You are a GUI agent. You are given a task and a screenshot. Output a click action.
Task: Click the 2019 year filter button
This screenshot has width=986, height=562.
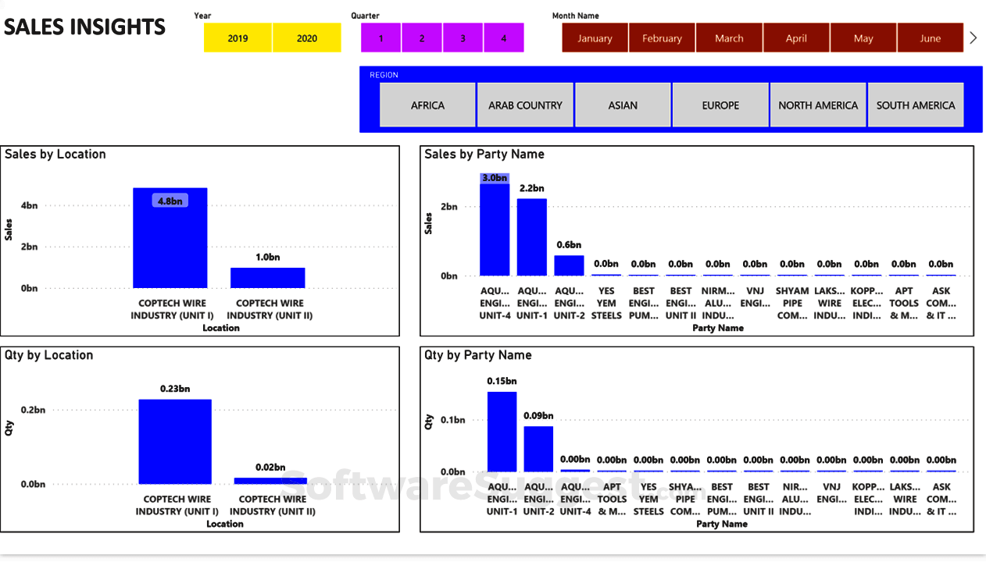[238, 38]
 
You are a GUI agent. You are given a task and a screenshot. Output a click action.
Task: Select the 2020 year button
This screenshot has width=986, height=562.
[307, 38]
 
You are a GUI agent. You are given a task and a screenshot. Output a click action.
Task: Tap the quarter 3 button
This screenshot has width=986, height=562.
[463, 38]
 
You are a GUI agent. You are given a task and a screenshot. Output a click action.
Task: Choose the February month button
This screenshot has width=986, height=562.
[662, 38]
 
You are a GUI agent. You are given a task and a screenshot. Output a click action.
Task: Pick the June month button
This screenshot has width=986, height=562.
[930, 38]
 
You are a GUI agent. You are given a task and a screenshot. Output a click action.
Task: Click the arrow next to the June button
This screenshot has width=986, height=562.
[973, 37]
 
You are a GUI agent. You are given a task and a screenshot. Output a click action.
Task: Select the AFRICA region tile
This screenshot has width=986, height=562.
[427, 105]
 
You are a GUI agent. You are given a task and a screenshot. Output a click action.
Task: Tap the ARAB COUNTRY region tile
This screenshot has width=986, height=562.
[525, 105]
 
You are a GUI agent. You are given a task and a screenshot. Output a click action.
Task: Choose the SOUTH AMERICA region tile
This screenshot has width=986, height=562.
[916, 105]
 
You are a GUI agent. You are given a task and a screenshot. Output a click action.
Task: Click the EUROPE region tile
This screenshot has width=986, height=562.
[720, 105]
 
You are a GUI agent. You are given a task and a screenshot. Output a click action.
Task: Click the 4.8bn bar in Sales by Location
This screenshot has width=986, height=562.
[170, 242]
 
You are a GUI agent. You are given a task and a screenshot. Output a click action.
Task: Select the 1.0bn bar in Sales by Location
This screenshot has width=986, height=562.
[267, 278]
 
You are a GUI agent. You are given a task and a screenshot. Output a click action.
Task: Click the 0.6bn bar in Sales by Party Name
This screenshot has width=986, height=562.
[569, 265]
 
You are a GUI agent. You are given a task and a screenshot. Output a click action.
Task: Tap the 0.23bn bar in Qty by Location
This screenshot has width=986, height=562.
[175, 442]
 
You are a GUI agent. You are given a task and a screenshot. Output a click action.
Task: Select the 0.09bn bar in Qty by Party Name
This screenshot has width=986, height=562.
[538, 449]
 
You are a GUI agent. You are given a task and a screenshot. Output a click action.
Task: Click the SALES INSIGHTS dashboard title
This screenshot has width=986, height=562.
[84, 27]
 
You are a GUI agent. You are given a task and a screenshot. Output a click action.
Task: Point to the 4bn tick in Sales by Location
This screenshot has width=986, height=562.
[29, 206]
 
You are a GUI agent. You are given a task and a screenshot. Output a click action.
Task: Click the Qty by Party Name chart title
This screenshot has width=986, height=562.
[477, 355]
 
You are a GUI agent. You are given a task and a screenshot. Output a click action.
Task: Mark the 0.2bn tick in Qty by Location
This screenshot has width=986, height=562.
[33, 409]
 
